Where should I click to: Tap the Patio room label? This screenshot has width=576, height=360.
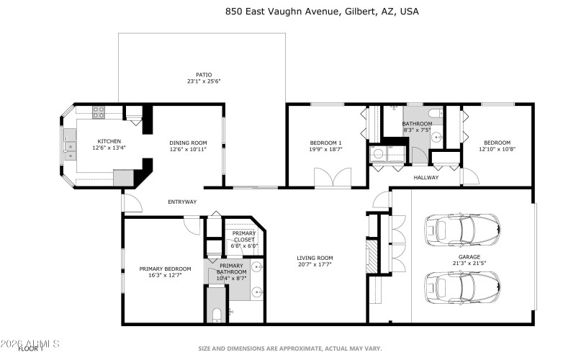click(x=204, y=77)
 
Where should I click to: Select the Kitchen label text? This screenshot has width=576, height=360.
click(x=109, y=141)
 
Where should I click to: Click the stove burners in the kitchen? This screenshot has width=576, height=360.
click(x=99, y=112)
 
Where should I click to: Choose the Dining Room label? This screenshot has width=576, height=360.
click(x=188, y=143)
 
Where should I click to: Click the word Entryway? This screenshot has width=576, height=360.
click(x=182, y=202)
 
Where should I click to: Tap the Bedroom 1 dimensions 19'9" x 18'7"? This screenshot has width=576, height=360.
click(x=325, y=150)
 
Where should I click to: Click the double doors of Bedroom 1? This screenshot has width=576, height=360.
click(x=333, y=177)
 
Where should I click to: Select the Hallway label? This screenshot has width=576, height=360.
click(x=426, y=177)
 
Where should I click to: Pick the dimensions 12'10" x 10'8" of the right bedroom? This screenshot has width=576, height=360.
click(x=497, y=150)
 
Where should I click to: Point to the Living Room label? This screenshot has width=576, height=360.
click(x=315, y=258)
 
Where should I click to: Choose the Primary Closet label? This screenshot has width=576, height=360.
click(x=244, y=236)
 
